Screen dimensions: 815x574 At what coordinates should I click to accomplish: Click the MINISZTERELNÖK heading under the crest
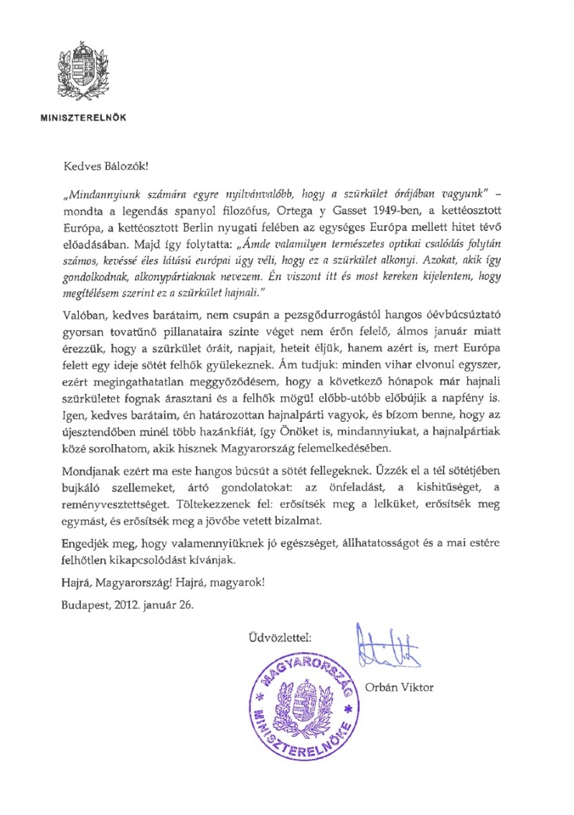[82, 115]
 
